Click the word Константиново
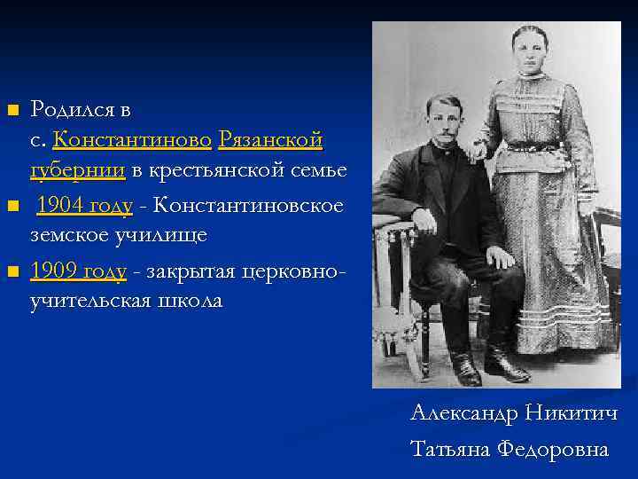pos(132,141)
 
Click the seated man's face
pos(444,122)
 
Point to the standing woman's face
pos(529,51)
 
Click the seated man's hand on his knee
pos(499,258)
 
